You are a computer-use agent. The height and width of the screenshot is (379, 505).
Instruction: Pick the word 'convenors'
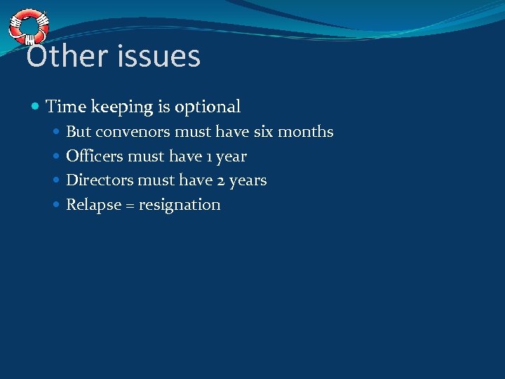tap(133, 132)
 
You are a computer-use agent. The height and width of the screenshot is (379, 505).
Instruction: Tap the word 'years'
tap(248, 181)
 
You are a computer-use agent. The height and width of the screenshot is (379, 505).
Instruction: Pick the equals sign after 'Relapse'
tap(130, 205)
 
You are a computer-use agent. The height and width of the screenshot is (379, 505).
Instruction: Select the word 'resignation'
tap(180, 205)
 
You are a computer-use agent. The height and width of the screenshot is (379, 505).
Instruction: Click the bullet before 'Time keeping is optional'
tap(36, 107)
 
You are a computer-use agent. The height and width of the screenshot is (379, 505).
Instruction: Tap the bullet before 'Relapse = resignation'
tap(57, 205)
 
